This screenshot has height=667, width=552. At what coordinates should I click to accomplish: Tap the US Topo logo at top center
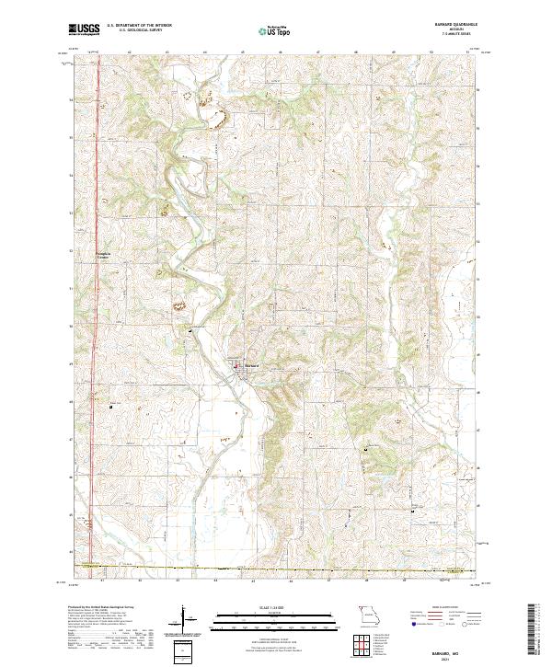point(268,31)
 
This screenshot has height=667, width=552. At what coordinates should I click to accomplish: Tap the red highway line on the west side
point(97,276)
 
